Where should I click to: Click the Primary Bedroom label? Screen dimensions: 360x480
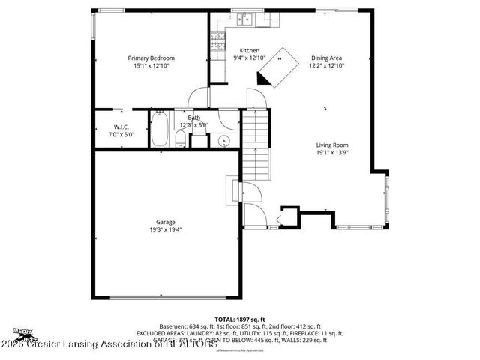[151, 58]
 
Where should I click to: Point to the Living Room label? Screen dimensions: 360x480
[331, 145]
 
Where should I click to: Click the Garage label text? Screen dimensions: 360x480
[166, 222]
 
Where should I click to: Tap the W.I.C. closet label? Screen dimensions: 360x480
[122, 127]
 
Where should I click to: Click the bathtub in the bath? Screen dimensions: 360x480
[160, 130]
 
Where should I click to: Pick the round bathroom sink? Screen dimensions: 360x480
[223, 142]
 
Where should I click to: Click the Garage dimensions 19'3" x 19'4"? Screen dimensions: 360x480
[166, 229]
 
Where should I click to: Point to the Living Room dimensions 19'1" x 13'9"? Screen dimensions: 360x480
[331, 153]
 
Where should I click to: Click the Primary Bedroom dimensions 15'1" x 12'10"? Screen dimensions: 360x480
[151, 66]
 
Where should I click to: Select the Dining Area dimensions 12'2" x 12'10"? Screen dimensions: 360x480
[327, 66]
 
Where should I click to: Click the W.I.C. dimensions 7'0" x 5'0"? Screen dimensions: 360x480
[122, 135]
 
